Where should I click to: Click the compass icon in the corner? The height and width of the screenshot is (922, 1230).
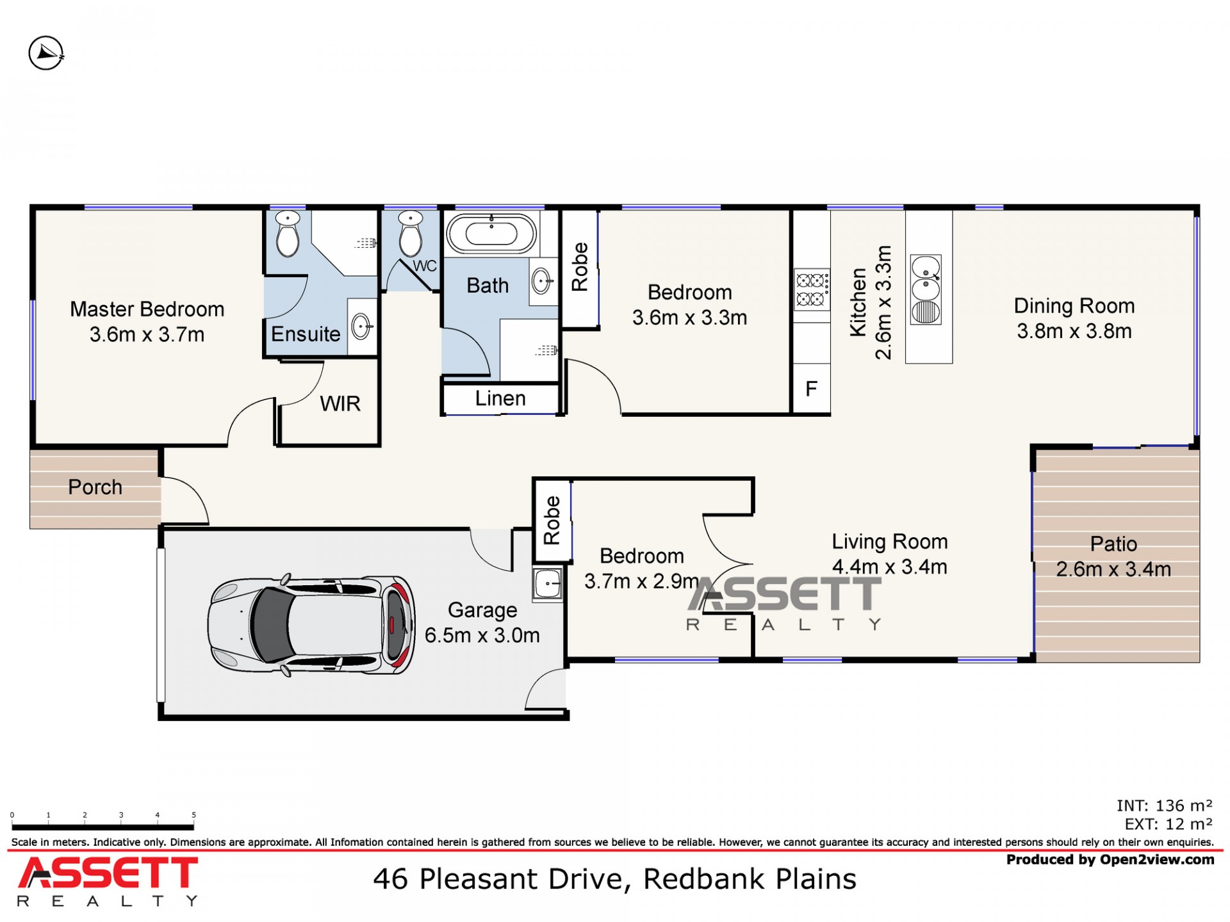(46, 53)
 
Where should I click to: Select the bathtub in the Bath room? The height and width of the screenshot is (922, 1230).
(491, 234)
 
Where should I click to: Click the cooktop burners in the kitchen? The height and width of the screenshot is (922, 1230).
(812, 289)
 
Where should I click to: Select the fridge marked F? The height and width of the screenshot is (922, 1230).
(811, 389)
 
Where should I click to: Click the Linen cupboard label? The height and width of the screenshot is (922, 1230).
(500, 399)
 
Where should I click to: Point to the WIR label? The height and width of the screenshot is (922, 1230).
(340, 404)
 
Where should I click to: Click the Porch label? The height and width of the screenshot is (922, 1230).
(95, 487)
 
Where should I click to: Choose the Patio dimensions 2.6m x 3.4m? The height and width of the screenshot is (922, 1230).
(1113, 569)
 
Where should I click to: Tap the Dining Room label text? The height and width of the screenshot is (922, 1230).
(1074, 306)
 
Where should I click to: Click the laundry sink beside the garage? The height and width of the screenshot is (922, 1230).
(548, 583)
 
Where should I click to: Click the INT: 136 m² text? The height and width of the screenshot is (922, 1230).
(1164, 805)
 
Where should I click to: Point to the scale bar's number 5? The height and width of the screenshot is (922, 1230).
(193, 815)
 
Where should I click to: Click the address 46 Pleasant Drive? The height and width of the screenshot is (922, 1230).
(498, 879)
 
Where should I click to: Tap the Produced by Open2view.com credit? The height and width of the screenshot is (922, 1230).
(1110, 860)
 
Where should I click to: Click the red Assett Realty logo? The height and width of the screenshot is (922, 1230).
(108, 881)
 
